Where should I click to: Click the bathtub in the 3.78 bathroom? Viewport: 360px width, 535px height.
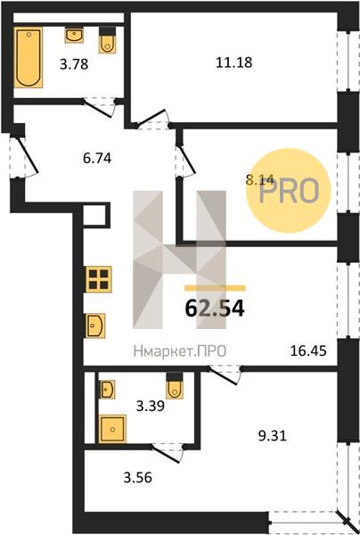pyautogui.click(x=29, y=57)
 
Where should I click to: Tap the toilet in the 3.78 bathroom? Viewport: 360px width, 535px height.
pyautogui.click(x=108, y=40)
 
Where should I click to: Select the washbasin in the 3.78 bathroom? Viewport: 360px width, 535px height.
pyautogui.click(x=74, y=35)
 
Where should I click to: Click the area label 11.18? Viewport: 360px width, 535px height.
pyautogui.click(x=234, y=62)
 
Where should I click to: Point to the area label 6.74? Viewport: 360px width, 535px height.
pyautogui.click(x=97, y=158)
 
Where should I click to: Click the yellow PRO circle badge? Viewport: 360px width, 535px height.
pyautogui.click(x=289, y=191)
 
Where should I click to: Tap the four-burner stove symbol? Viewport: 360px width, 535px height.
pyautogui.click(x=99, y=279)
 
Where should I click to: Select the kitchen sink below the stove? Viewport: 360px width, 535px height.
pyautogui.click(x=95, y=325)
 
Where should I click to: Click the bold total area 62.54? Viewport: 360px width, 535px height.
pyautogui.click(x=215, y=309)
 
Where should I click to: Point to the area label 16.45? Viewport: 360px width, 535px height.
pyautogui.click(x=308, y=350)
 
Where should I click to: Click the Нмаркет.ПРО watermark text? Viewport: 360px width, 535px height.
pyautogui.click(x=180, y=351)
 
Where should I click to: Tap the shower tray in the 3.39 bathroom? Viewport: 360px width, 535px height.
pyautogui.click(x=112, y=429)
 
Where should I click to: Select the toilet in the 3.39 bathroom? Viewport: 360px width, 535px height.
pyautogui.click(x=175, y=385)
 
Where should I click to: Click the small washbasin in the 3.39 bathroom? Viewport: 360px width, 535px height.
pyautogui.click(x=107, y=390)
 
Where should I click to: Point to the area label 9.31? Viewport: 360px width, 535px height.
pyautogui.click(x=273, y=436)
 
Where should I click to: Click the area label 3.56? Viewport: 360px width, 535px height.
pyautogui.click(x=138, y=478)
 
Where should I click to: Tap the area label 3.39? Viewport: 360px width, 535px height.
pyautogui.click(x=151, y=407)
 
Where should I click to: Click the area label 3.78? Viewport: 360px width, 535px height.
pyautogui.click(x=74, y=64)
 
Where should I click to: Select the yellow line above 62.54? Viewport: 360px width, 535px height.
pyautogui.click(x=215, y=288)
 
